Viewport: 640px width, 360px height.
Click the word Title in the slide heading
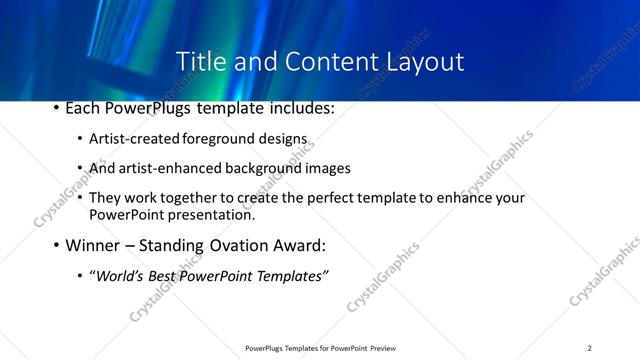pos(197,61)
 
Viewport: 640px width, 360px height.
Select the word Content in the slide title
pos(319,61)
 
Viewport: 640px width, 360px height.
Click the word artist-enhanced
pos(162,168)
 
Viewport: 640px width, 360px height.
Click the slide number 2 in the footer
pos(589,348)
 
